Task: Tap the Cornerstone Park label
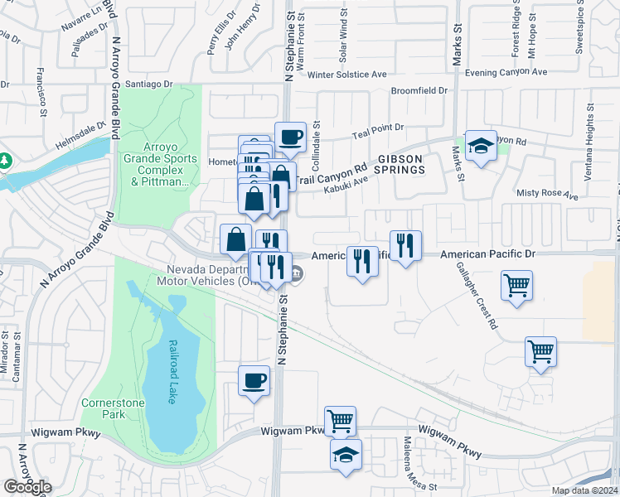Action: click(x=103, y=408)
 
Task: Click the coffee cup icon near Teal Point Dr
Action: click(x=290, y=138)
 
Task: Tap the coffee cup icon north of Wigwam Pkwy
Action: click(x=254, y=381)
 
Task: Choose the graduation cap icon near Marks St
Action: click(x=480, y=147)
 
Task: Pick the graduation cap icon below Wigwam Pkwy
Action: click(x=346, y=454)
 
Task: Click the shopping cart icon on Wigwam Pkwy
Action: click(x=340, y=421)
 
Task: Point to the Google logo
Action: click(x=27, y=487)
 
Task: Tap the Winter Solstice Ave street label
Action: click(x=346, y=74)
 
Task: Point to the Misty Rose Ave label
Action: click(x=546, y=195)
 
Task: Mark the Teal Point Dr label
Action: click(x=377, y=128)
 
